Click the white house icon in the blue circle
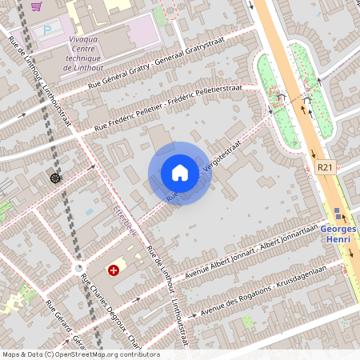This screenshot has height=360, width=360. [180, 173]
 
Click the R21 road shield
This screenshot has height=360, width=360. [324, 167]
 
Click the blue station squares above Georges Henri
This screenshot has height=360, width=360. [338, 214]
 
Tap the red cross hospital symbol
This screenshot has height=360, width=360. [114, 270]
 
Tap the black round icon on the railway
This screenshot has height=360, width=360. [54, 178]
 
